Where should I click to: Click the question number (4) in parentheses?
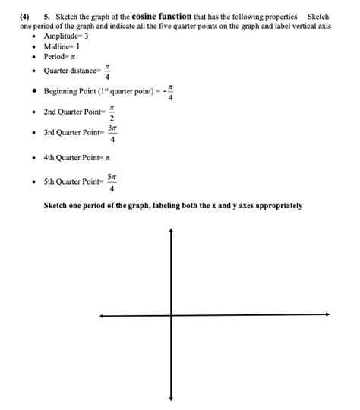25,16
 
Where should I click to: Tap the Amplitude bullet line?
72,36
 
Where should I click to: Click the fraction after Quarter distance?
107,71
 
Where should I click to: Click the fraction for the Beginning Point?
170,93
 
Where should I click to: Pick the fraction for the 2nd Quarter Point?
112,114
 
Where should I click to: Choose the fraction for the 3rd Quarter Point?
112,134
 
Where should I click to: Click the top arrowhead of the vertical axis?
171,231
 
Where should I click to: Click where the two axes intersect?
171,314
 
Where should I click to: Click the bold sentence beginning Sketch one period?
172,206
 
